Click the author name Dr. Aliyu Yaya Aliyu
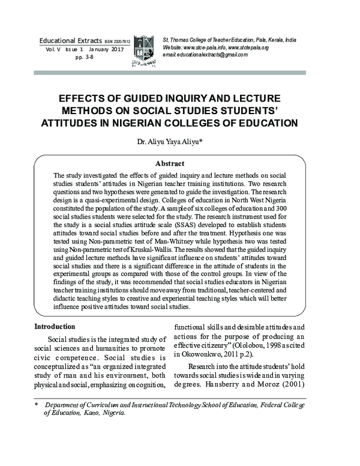pos(178,142)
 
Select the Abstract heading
pos(169,163)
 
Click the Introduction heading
pos(55,327)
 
